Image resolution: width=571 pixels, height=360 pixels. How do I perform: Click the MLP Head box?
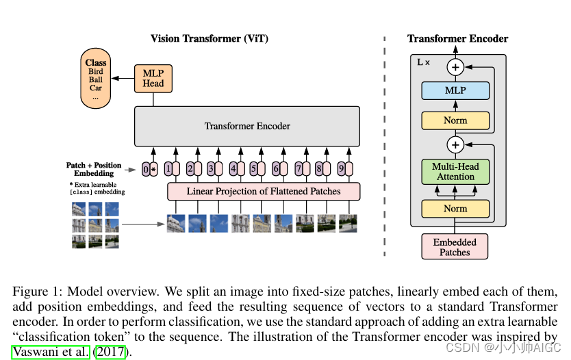point(153,79)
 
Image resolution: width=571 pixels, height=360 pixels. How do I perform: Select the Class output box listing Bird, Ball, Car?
point(96,79)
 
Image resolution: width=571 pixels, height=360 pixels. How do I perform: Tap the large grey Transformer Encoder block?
point(246,126)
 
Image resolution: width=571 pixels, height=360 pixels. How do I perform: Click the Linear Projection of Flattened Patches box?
point(264,191)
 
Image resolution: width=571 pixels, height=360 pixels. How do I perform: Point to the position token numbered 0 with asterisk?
point(150,168)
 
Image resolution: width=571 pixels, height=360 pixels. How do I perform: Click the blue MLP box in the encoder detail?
point(455,91)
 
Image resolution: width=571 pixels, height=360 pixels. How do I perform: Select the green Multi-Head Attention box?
point(455,171)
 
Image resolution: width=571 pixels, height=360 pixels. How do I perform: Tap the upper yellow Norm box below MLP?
point(455,120)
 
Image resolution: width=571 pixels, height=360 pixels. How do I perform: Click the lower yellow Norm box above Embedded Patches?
point(455,209)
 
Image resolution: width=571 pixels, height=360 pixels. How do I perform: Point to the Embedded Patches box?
point(455,247)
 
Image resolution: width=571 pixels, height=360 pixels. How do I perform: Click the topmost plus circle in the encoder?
point(455,67)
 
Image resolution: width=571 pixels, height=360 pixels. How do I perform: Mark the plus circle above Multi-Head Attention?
point(455,144)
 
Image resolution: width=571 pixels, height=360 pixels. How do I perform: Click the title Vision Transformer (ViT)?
point(204,38)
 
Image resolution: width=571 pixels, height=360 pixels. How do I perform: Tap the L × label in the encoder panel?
point(424,62)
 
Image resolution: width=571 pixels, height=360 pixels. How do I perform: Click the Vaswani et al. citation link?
point(51,352)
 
